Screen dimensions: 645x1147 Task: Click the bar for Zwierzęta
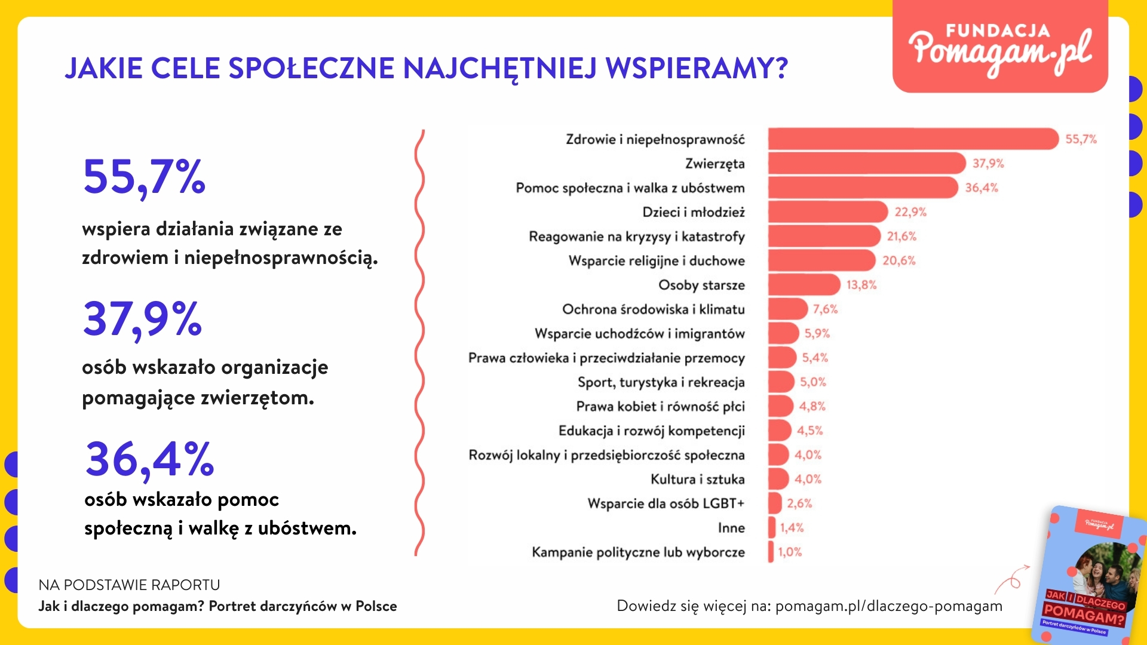coord(866,163)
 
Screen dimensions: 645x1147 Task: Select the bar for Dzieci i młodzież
coord(827,212)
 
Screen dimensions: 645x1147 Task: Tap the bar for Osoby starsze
coord(803,285)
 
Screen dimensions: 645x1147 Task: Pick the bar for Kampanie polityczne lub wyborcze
coord(771,552)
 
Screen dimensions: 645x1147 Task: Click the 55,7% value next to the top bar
coord(1081,139)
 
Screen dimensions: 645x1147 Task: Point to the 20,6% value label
coord(898,260)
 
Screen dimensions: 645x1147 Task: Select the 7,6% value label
coord(825,309)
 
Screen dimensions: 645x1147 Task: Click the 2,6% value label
coord(799,503)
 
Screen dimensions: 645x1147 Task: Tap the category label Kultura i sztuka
coord(697,480)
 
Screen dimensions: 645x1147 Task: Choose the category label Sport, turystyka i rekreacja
coord(661,382)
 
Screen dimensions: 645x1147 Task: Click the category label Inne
coord(731,528)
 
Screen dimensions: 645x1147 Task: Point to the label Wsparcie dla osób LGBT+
coord(665,503)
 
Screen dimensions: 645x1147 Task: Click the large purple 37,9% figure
coord(143,320)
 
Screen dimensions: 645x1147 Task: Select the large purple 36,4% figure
coord(149,460)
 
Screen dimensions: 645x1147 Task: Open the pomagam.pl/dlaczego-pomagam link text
coord(888,606)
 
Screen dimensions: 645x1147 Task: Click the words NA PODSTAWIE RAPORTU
coord(129,585)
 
